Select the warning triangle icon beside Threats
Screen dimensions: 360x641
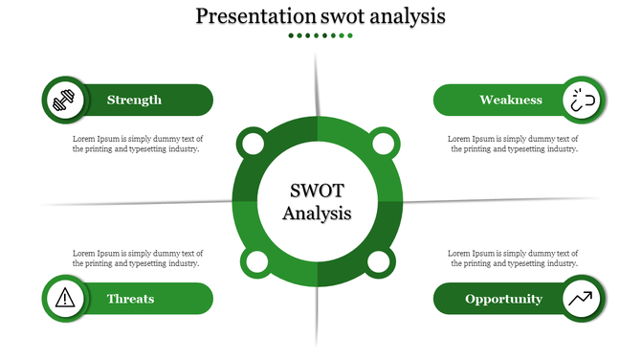tap(65, 299)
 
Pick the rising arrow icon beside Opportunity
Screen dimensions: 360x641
tap(582, 299)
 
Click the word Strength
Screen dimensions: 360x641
tap(134, 100)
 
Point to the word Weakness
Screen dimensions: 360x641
tap(511, 100)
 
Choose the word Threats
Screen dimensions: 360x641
tap(131, 299)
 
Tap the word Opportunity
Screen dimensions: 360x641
tap(503, 299)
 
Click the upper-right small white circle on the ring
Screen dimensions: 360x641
tap(382, 145)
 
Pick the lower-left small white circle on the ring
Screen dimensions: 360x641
tap(254, 262)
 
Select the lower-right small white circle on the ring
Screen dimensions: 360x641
tap(379, 262)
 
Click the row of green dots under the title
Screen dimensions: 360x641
tap(320, 35)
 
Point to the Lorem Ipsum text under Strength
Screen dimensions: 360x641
tap(138, 144)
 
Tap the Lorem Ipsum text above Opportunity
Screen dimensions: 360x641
tap(513, 258)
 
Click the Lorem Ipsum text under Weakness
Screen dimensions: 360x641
tap(513, 144)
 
